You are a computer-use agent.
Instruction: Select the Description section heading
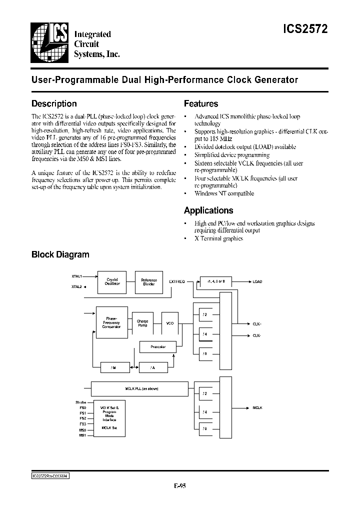click(x=54, y=103)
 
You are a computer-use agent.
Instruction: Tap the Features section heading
click(x=201, y=103)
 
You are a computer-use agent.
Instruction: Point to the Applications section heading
click(x=208, y=210)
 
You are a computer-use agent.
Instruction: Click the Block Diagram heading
click(x=60, y=254)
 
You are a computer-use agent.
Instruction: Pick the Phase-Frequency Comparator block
click(x=111, y=322)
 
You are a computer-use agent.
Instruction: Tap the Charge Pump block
click(x=142, y=322)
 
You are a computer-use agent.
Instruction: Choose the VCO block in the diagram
click(x=170, y=323)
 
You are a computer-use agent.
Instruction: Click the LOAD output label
click(x=257, y=281)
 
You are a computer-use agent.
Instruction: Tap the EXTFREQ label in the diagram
click(x=176, y=281)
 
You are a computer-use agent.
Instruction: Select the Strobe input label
click(x=80, y=402)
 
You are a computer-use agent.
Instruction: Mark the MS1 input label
click(x=82, y=435)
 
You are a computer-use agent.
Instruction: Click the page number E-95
click(x=179, y=485)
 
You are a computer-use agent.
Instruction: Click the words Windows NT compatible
click(x=224, y=193)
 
